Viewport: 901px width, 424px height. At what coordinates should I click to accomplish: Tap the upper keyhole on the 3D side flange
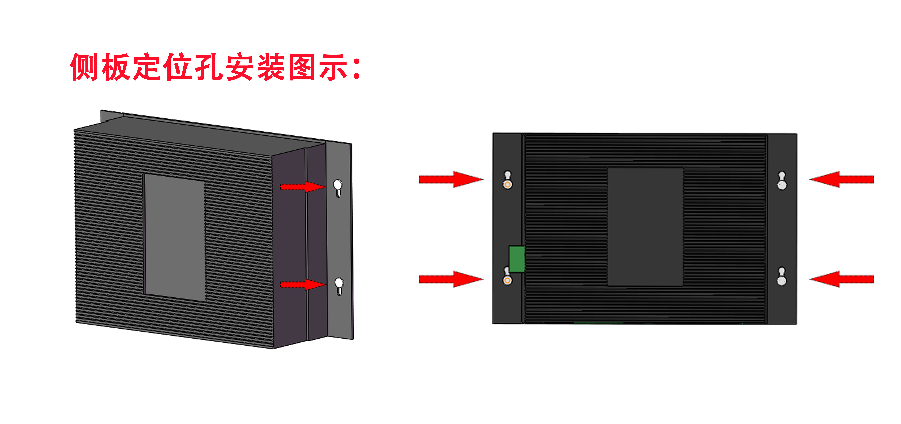click(338, 188)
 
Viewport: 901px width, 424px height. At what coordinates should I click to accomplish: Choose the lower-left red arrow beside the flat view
click(451, 279)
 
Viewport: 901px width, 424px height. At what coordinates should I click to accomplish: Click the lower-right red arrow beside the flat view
click(842, 279)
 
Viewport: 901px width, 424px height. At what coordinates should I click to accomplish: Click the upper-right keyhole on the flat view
click(782, 180)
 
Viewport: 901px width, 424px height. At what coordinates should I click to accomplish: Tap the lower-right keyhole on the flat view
click(782, 277)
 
